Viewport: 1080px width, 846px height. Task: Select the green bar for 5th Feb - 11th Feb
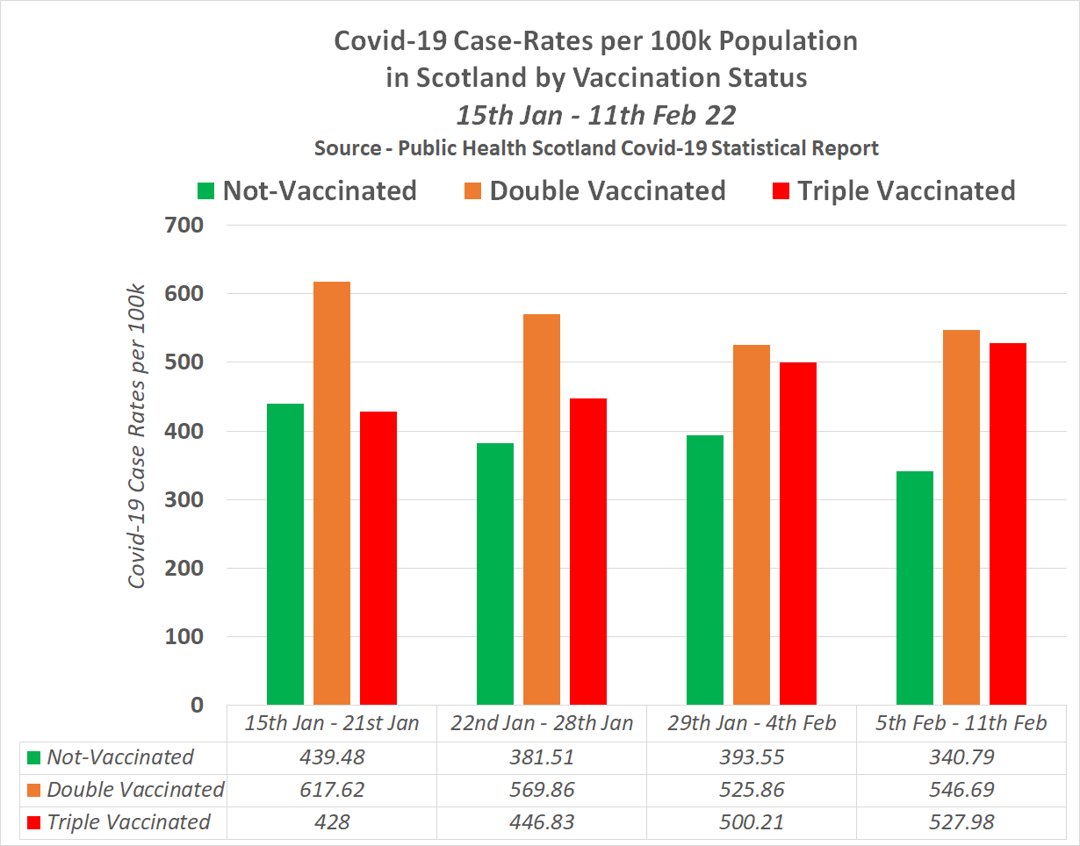pyautogui.click(x=915, y=588)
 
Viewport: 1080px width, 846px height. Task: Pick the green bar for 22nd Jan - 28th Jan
pyautogui.click(x=495, y=574)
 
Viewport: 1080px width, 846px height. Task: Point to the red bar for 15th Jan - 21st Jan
pyautogui.click(x=378, y=558)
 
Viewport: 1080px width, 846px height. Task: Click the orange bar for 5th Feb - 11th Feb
pyautogui.click(x=961, y=518)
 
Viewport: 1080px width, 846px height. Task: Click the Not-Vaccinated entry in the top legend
pyautogui.click(x=307, y=190)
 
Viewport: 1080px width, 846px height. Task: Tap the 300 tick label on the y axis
pyautogui.click(x=185, y=499)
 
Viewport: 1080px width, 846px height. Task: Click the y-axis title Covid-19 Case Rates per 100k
pyautogui.click(x=137, y=436)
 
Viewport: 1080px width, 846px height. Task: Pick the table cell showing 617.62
pyautogui.click(x=332, y=790)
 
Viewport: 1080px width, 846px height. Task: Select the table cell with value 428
pyautogui.click(x=332, y=822)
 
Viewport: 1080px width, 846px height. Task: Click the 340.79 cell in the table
pyautogui.click(x=961, y=757)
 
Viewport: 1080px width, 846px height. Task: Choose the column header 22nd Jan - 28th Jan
pyautogui.click(x=542, y=724)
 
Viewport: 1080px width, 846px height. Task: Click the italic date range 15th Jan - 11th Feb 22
pyautogui.click(x=595, y=115)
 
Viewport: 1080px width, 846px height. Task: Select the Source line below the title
pyautogui.click(x=596, y=147)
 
